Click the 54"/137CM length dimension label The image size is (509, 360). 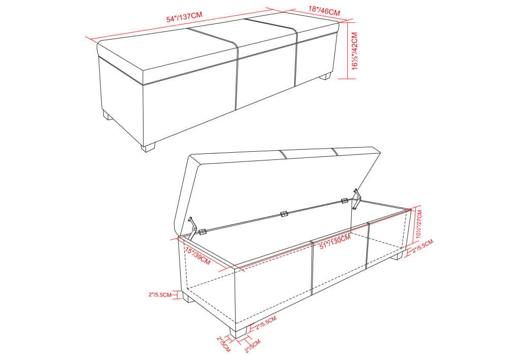point(184,17)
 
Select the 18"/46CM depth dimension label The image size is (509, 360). point(324,11)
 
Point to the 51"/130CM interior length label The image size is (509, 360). point(335,241)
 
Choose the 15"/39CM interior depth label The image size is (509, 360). point(197,256)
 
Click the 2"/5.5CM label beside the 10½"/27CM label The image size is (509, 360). point(422,246)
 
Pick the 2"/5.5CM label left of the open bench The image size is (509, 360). point(160,295)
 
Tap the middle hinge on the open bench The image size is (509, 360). point(284,214)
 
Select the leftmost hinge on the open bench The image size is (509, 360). point(203,232)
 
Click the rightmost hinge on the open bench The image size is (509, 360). point(345,201)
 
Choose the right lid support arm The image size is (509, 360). point(357,199)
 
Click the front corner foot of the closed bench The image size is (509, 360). point(148,147)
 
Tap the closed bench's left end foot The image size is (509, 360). point(107,116)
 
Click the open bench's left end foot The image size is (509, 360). point(188,296)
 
